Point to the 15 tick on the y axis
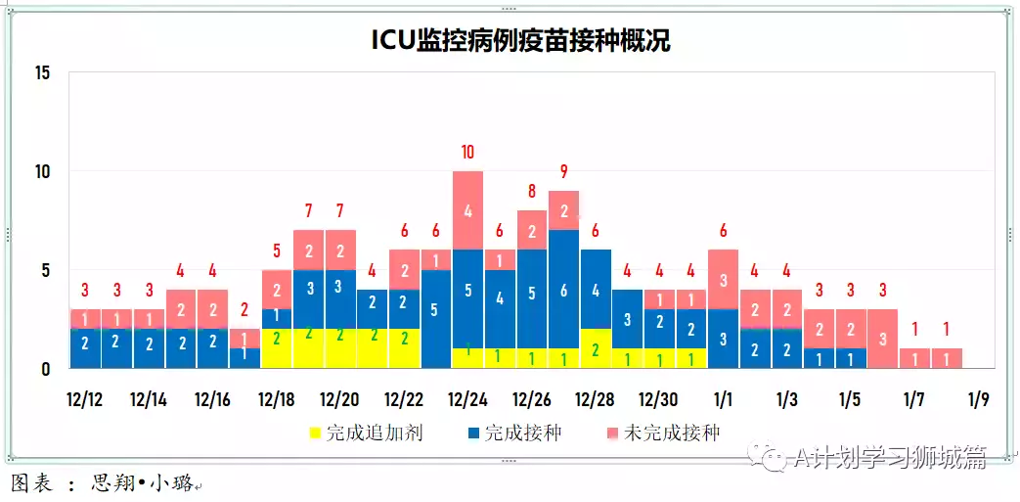click(x=41, y=73)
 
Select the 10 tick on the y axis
click(x=41, y=172)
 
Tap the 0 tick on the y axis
click(x=45, y=369)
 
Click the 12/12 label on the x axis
click(x=84, y=400)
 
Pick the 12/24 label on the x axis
click(x=466, y=400)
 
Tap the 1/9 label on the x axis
click(x=979, y=400)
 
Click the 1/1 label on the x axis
click(x=724, y=400)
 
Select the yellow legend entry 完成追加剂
click(x=366, y=433)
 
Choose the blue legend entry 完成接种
click(x=514, y=433)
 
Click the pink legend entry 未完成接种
click(x=663, y=433)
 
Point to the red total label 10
click(x=467, y=152)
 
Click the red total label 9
click(x=563, y=171)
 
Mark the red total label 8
click(x=532, y=191)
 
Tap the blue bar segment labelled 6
click(x=563, y=290)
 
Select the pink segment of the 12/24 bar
click(x=467, y=210)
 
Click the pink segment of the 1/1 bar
click(x=724, y=279)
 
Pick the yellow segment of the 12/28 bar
click(x=596, y=348)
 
